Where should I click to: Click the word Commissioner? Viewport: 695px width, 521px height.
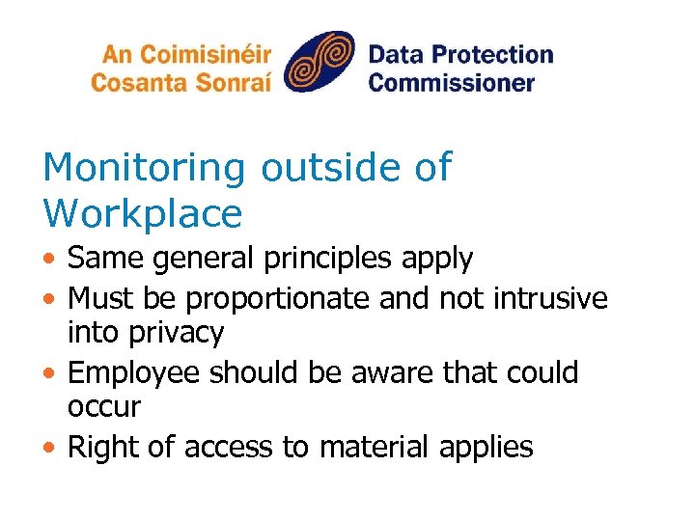pyautogui.click(x=451, y=82)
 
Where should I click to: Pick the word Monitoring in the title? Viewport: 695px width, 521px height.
pyautogui.click(x=145, y=168)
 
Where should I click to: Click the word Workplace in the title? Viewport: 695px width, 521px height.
pyautogui.click(x=142, y=213)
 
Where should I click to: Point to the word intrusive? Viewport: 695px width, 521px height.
pyautogui.click(x=550, y=298)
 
